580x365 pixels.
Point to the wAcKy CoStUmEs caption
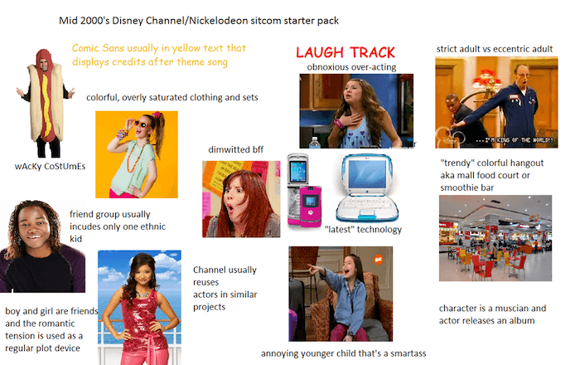(50, 165)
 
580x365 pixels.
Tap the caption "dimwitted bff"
(240, 148)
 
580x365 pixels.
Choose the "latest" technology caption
(363, 230)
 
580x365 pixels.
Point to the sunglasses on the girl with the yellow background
(137, 124)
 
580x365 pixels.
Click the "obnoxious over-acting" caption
(351, 66)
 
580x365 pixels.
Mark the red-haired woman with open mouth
(240, 203)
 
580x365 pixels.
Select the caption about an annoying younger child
(343, 353)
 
